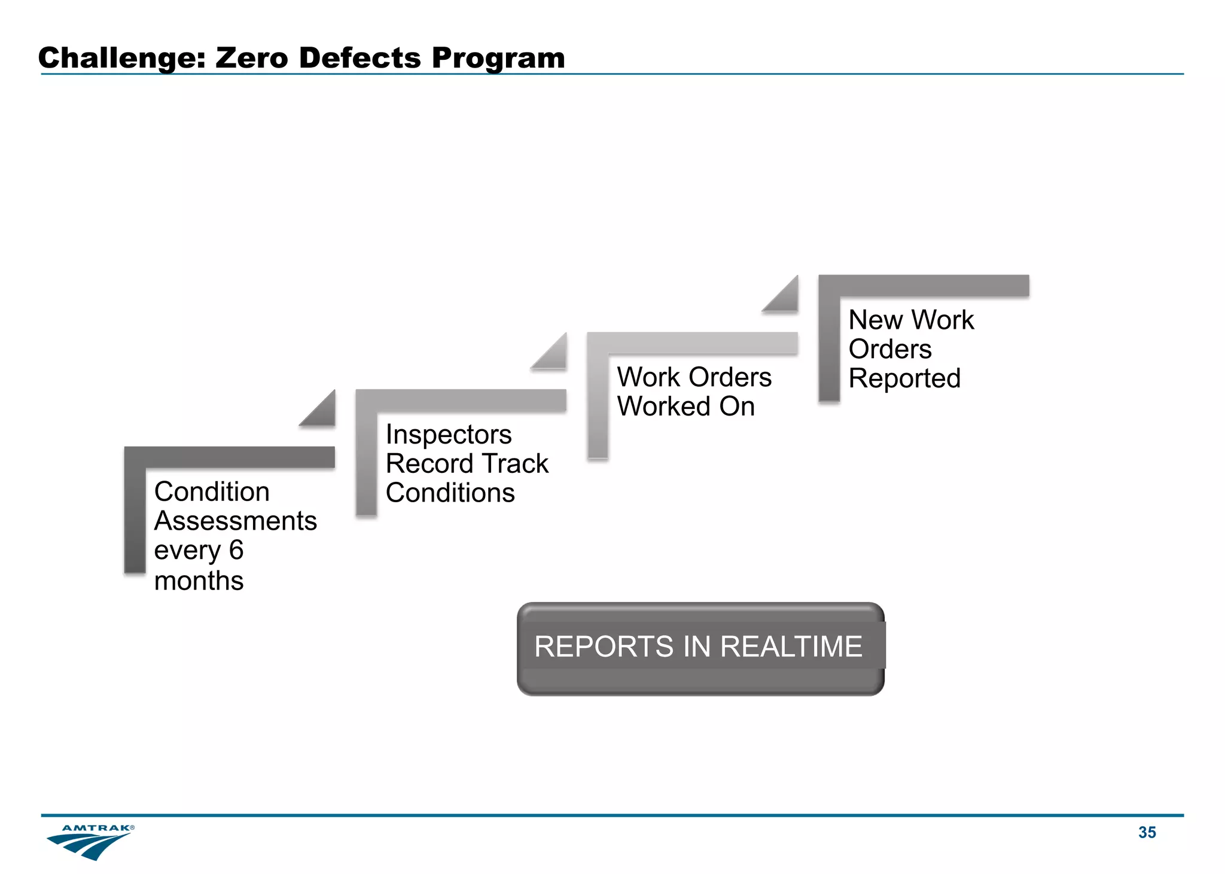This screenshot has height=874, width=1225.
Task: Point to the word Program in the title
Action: click(498, 59)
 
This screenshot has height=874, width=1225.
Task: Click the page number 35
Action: click(1147, 832)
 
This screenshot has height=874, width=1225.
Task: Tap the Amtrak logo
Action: click(90, 841)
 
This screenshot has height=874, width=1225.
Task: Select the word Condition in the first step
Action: click(212, 492)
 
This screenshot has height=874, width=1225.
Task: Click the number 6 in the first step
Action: click(236, 550)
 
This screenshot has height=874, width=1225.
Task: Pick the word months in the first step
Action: click(199, 580)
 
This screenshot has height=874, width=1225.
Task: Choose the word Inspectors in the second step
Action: click(449, 435)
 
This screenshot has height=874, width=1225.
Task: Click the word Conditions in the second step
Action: click(450, 493)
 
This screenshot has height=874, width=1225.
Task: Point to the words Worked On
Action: click(685, 407)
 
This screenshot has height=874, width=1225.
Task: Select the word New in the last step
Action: click(875, 320)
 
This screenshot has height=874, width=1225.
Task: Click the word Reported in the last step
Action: click(904, 378)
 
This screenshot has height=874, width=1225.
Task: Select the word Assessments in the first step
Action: click(235, 521)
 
